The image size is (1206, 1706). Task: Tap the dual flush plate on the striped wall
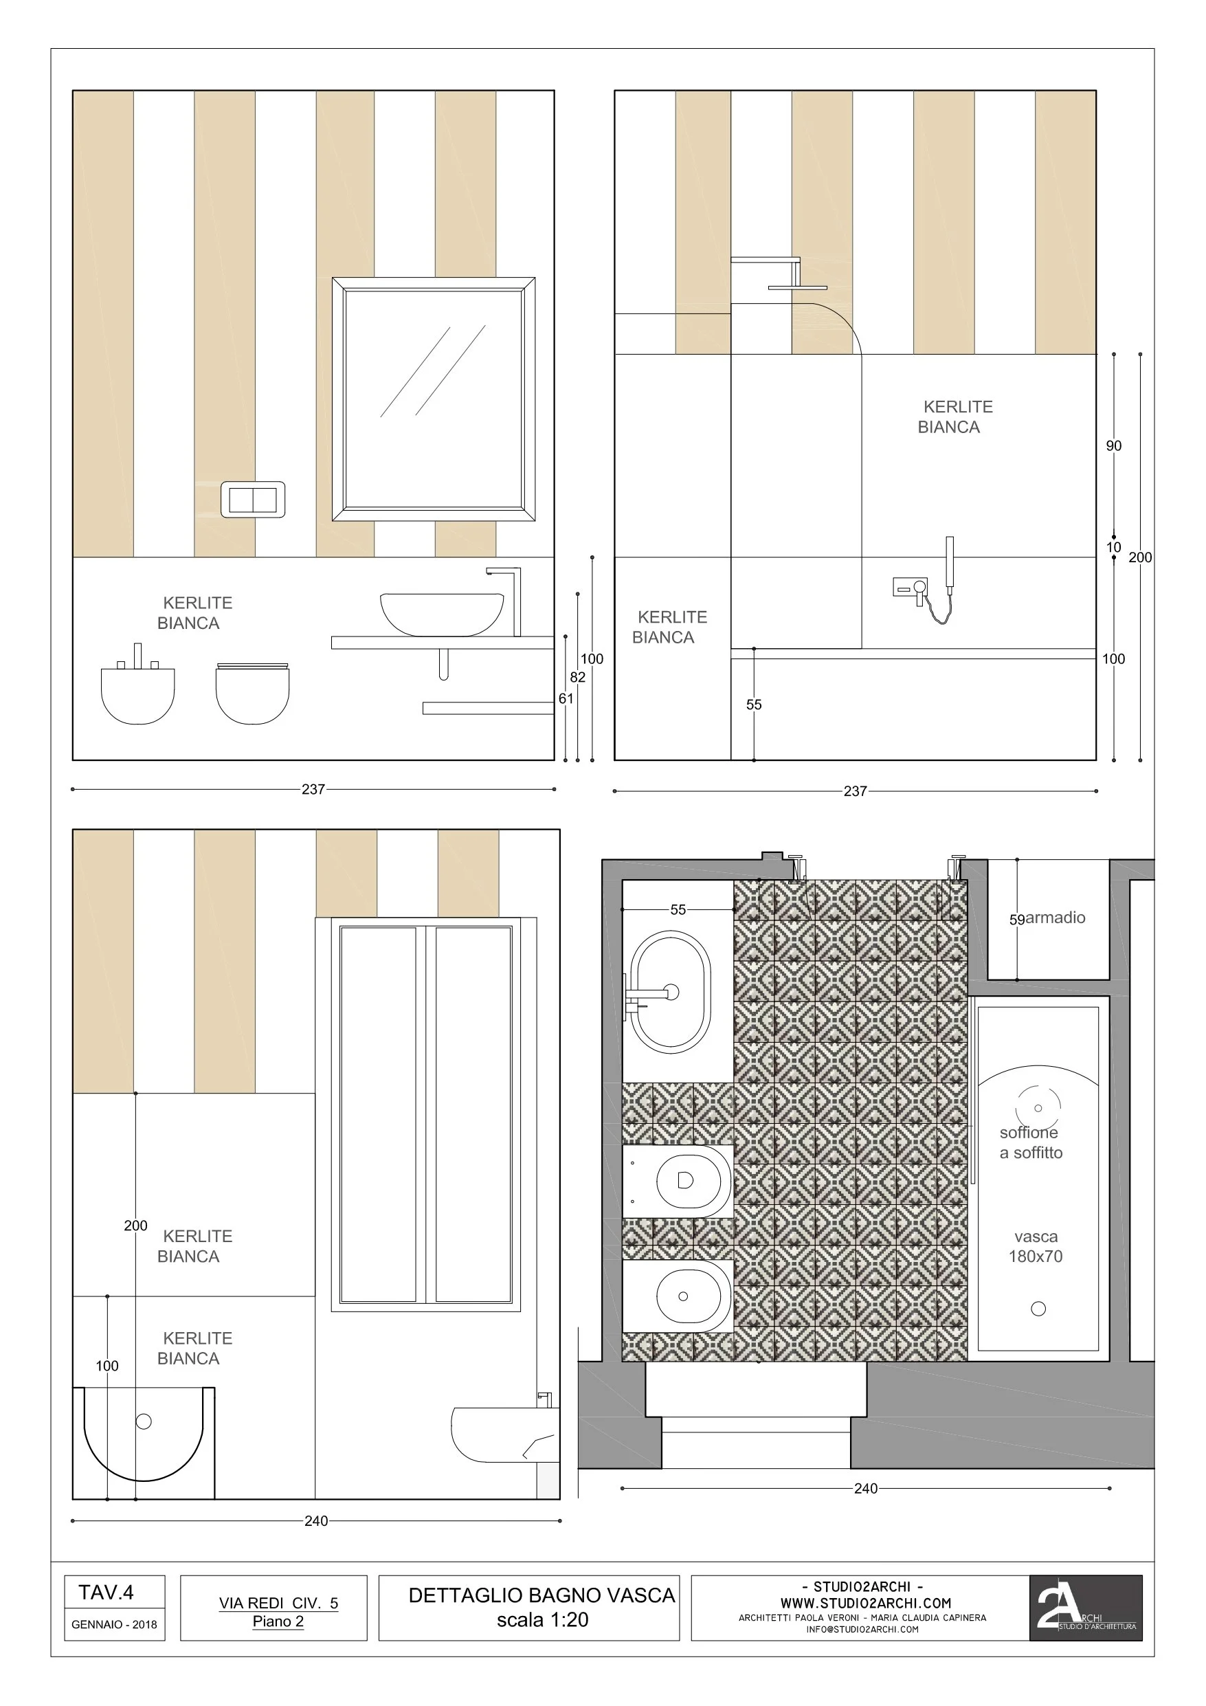point(253,499)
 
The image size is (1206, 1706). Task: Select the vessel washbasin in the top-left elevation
point(441,614)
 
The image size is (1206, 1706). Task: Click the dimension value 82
point(577,677)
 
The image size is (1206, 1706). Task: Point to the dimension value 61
point(566,698)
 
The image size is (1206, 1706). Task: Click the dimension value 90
point(1113,446)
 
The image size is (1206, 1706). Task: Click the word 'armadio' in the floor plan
point(1055,918)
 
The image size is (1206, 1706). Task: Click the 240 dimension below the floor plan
point(866,1503)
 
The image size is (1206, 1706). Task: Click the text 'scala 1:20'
point(542,1621)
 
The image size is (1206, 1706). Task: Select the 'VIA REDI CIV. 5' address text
point(278,1604)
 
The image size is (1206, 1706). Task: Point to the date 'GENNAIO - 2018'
point(115,1625)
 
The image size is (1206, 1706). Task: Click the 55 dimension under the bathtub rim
point(753,705)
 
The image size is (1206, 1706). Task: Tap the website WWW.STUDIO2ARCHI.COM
point(866,1604)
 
